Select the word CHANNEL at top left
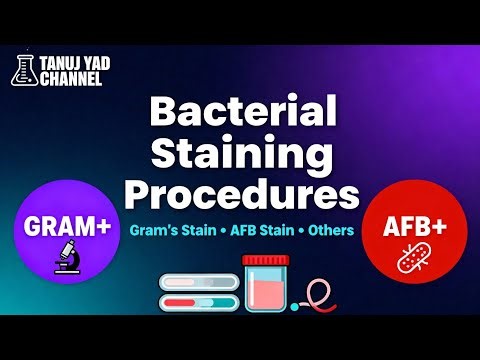tap(68, 76)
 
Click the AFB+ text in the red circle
tap(414, 227)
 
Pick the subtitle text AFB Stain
tap(257, 228)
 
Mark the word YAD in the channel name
tap(99, 62)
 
